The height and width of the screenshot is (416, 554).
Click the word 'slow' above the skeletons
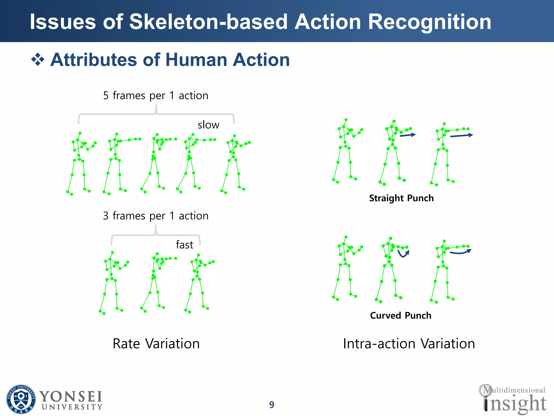click(208, 125)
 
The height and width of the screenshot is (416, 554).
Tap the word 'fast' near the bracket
click(184, 245)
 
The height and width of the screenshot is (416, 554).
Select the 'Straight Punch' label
click(401, 198)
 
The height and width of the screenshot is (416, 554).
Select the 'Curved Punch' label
click(401, 316)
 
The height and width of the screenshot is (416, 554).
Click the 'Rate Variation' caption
click(156, 344)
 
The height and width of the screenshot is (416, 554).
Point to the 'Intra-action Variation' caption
click(409, 344)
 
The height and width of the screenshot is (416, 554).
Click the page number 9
click(272, 405)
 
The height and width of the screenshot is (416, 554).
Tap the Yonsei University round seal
click(21, 399)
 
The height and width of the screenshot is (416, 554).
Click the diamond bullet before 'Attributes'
click(38, 60)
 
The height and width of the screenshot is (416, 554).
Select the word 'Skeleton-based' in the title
click(208, 22)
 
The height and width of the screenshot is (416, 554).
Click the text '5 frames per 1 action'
click(156, 96)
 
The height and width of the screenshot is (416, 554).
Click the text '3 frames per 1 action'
click(156, 216)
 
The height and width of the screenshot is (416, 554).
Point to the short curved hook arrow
click(403, 254)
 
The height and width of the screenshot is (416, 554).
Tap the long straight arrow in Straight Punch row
click(461, 135)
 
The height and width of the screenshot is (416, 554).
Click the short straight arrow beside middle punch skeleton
click(408, 135)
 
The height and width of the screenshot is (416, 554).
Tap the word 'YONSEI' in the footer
click(71, 397)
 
